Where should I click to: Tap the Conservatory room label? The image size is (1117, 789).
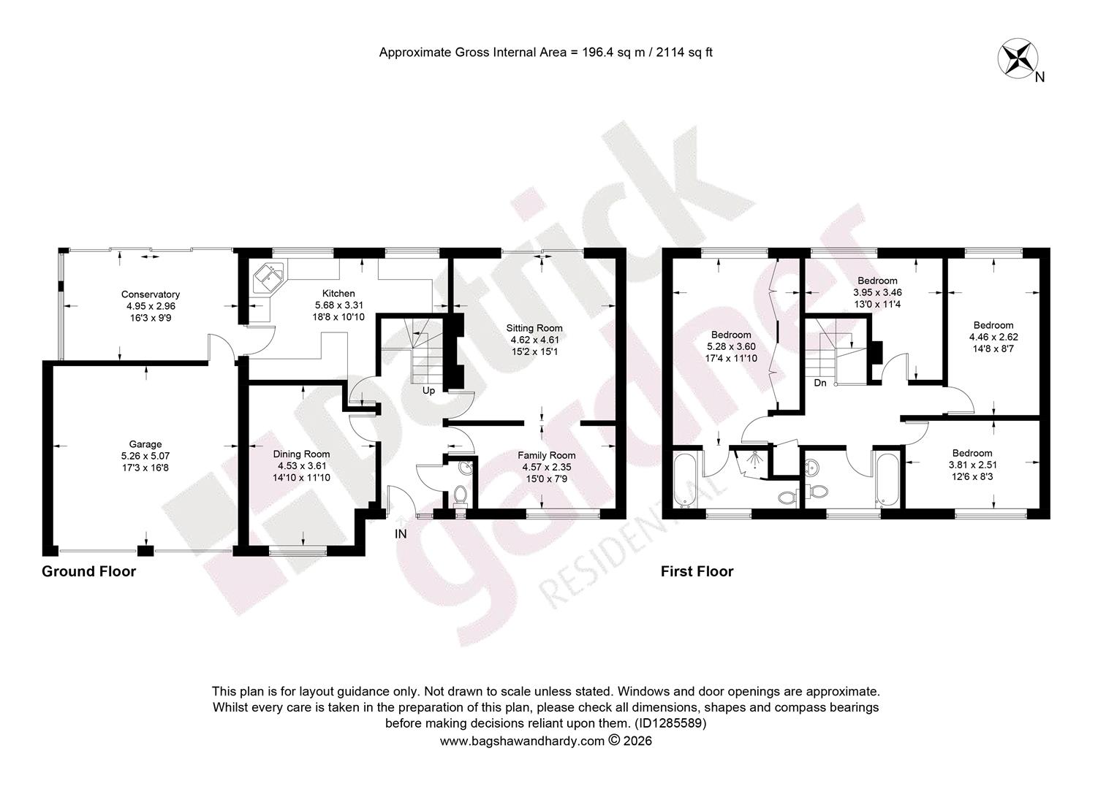(151, 294)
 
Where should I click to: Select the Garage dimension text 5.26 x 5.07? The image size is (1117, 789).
(145, 456)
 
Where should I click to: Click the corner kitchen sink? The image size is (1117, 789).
(269, 278)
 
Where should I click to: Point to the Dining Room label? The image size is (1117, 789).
(301, 454)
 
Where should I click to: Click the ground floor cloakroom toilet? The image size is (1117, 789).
(460, 497)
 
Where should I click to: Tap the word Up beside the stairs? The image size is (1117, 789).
(428, 391)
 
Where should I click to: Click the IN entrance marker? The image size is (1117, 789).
(401, 534)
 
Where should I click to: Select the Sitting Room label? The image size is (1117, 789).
(534, 329)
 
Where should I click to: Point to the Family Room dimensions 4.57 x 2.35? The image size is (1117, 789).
(547, 467)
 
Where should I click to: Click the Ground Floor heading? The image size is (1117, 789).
(88, 571)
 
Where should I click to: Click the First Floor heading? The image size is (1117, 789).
(697, 571)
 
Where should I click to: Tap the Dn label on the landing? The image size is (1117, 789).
(819, 384)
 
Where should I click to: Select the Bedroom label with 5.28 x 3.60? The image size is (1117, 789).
(731, 335)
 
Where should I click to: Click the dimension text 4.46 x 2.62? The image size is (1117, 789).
(994, 337)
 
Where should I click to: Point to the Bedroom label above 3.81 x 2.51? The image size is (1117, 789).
(972, 453)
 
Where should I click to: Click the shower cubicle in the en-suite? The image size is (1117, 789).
(751, 463)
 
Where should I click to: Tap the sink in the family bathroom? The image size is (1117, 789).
(812, 468)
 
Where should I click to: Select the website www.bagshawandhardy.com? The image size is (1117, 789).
(522, 741)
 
